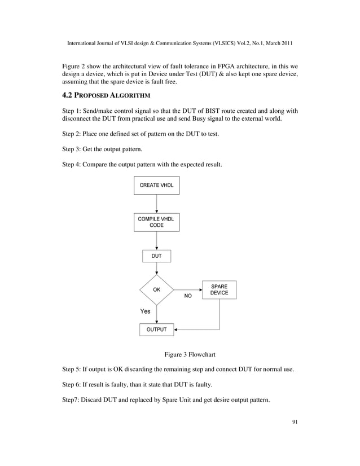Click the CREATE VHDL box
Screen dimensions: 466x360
pyautogui.click(x=156, y=185)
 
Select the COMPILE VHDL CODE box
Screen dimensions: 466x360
pyautogui.click(x=156, y=222)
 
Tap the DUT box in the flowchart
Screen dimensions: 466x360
pyautogui.click(x=156, y=256)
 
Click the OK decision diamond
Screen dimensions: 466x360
pyautogui.click(x=157, y=289)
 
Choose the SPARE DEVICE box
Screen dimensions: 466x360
pyautogui.click(x=219, y=290)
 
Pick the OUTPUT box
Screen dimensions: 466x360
pyautogui.click(x=156, y=329)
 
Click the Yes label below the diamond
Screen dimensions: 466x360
pyautogui.click(x=145, y=311)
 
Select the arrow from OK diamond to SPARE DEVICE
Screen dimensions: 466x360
pyautogui.click(x=188, y=289)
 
